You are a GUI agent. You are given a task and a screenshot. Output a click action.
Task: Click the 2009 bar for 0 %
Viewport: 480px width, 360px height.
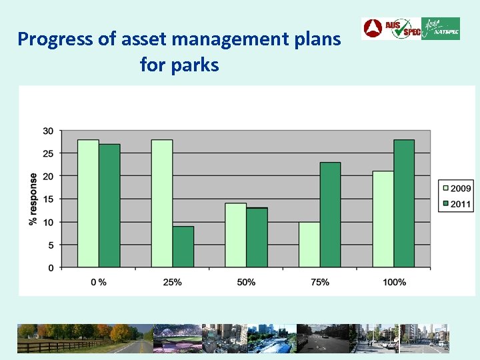click(x=88, y=204)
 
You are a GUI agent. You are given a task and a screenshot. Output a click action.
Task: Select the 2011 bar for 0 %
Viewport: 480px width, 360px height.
click(x=109, y=206)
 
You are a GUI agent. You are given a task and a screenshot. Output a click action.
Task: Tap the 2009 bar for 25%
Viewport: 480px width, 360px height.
click(x=162, y=204)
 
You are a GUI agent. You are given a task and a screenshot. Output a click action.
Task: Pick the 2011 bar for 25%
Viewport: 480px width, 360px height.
click(x=183, y=247)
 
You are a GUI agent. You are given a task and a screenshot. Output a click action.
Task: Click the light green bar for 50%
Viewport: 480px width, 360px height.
click(x=235, y=235)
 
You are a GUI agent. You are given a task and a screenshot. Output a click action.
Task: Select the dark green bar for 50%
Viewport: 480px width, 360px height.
click(x=257, y=238)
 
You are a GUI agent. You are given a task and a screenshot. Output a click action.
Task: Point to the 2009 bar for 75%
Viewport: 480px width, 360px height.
click(x=309, y=245)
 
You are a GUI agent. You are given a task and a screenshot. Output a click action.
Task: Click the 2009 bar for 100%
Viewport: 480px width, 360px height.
click(x=383, y=219)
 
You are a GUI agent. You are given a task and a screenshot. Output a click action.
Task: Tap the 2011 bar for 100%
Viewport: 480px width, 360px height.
click(x=404, y=204)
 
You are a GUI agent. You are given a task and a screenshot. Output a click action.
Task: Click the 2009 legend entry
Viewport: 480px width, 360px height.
click(x=455, y=189)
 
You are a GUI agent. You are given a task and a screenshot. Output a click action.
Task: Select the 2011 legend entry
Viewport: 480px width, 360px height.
click(x=455, y=204)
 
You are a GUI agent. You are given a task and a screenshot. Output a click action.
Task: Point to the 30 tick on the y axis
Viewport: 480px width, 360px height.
click(x=48, y=131)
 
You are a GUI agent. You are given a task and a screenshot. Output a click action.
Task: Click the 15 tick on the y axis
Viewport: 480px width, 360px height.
click(x=48, y=199)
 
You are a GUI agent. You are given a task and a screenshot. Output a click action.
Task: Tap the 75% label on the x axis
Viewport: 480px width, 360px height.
click(x=320, y=282)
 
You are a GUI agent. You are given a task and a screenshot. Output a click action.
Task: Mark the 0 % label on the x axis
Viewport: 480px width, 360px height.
click(x=99, y=282)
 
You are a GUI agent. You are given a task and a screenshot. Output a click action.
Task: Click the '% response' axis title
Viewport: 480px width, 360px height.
click(x=33, y=199)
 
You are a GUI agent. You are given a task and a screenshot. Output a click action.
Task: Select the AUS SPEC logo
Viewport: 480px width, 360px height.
click(x=391, y=29)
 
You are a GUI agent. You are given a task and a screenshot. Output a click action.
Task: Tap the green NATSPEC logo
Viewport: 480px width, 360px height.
click(x=441, y=29)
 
